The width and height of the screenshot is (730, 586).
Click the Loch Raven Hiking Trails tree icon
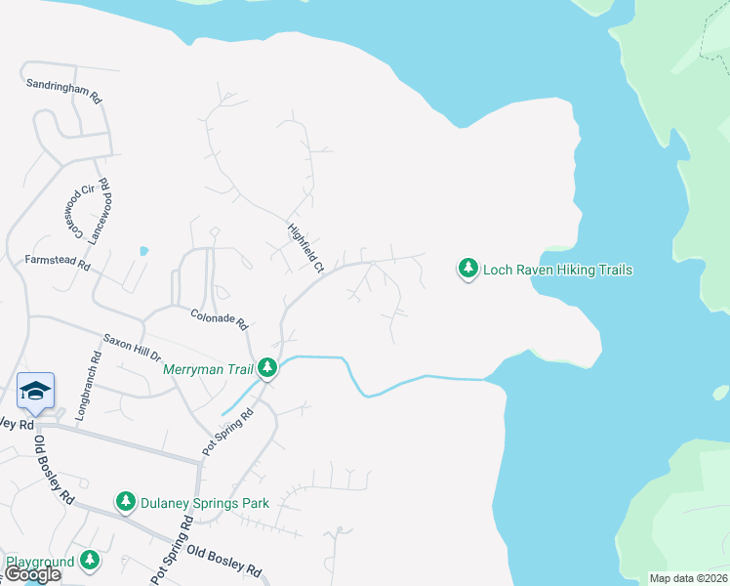[x=468, y=269]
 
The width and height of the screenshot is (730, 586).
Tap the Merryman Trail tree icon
[x=265, y=368]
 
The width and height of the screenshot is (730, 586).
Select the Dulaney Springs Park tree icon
[x=125, y=502]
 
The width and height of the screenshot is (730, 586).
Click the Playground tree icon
[x=90, y=560]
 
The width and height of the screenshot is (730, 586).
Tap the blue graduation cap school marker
[x=36, y=392]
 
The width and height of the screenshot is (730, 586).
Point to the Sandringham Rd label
[x=63, y=93]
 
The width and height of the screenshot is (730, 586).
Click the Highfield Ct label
[x=305, y=247]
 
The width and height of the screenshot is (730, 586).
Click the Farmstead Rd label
[x=58, y=263]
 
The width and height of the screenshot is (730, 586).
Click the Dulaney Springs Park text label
[x=204, y=503]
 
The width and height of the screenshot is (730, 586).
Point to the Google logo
[x=33, y=574]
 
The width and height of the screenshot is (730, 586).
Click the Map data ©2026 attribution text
[x=689, y=578]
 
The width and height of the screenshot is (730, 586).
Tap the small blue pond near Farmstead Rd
[x=144, y=250]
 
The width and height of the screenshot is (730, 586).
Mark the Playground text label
[x=40, y=563]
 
